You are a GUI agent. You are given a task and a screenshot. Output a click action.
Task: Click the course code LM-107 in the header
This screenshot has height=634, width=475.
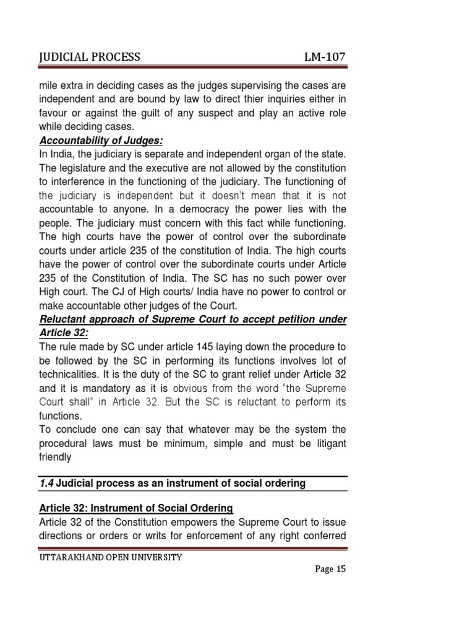tap(324, 58)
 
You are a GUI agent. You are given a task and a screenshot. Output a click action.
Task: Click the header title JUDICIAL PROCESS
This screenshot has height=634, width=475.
tap(89, 58)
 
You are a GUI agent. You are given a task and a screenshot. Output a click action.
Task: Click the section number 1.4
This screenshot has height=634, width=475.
tap(46, 484)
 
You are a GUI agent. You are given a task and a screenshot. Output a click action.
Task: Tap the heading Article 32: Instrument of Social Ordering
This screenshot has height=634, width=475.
tap(135, 508)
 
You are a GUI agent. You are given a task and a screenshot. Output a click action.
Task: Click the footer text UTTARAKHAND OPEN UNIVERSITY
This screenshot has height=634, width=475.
tap(111, 557)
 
